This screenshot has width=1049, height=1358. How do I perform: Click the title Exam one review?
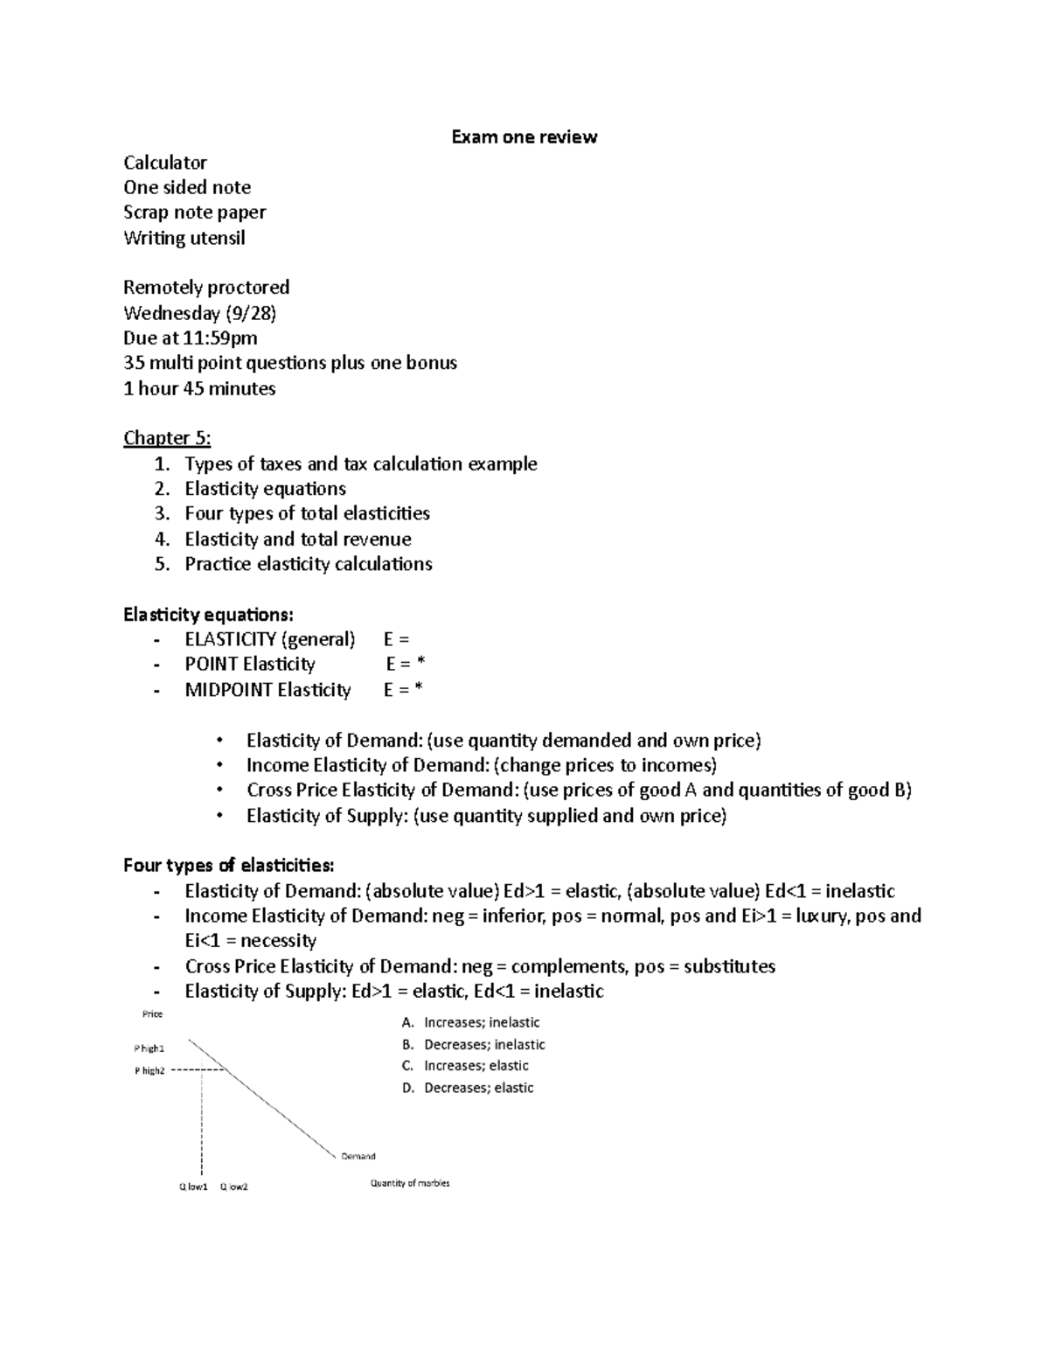[524, 136]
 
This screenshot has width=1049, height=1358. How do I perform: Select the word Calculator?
[165, 162]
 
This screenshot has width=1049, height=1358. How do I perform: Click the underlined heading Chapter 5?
[167, 437]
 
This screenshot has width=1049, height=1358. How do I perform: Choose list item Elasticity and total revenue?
[297, 539]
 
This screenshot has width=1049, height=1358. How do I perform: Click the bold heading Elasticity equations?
[202, 614]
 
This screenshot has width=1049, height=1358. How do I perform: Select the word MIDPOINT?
[227, 690]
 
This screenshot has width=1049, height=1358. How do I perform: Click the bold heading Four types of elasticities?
[228, 866]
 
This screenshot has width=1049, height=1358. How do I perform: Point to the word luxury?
[816, 916]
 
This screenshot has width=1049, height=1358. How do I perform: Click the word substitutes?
[729, 966]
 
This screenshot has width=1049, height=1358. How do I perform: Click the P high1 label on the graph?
[149, 1048]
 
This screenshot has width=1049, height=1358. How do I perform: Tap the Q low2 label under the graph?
[233, 1187]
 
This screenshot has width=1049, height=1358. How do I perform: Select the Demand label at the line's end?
[358, 1156]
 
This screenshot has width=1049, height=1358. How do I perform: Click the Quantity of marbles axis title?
[410, 1183]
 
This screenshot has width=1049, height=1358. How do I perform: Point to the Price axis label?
[152, 1014]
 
